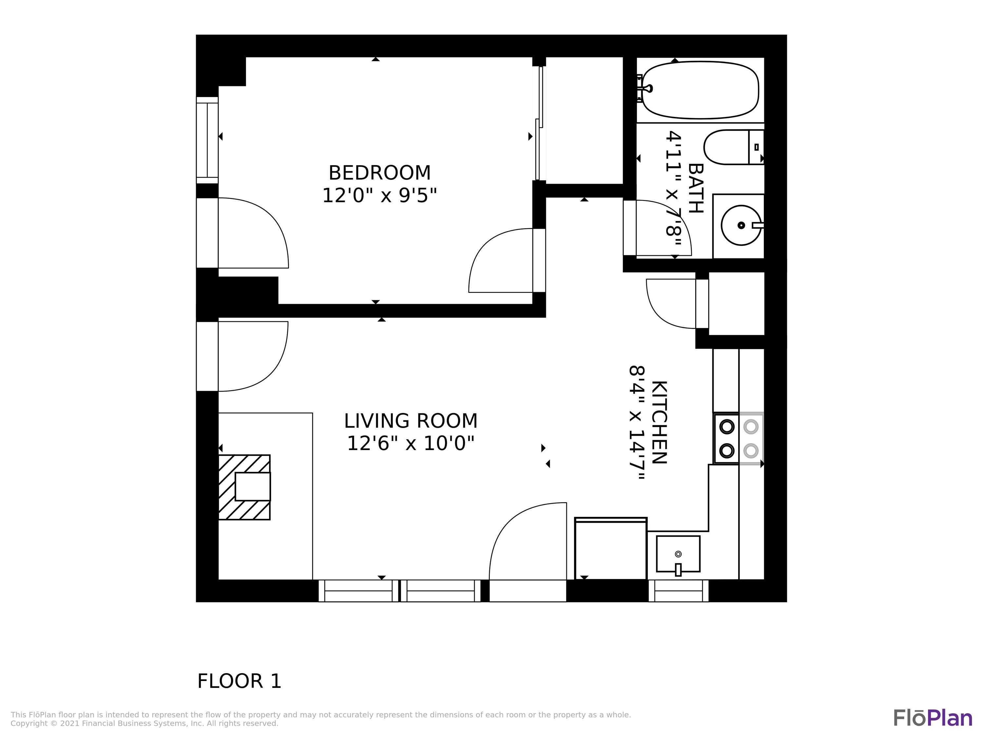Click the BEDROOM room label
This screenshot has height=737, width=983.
coord(379,173)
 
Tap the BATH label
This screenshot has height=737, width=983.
coord(696,188)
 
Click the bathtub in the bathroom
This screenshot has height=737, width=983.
coord(700,90)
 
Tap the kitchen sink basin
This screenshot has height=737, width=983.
coord(678,554)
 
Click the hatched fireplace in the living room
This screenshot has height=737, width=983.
coord(244,487)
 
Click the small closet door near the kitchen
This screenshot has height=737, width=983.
coord(671,304)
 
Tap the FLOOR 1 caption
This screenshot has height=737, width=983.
coord(239,681)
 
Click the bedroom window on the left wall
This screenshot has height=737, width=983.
coord(207,140)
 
